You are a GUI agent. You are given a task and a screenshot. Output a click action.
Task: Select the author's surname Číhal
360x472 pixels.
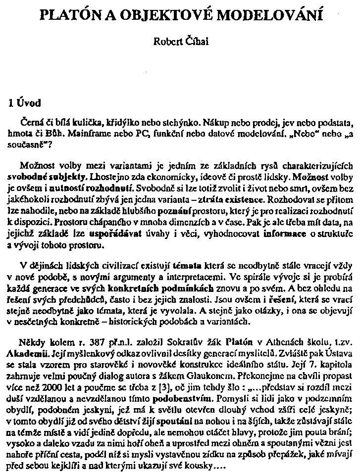(x=197, y=43)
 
